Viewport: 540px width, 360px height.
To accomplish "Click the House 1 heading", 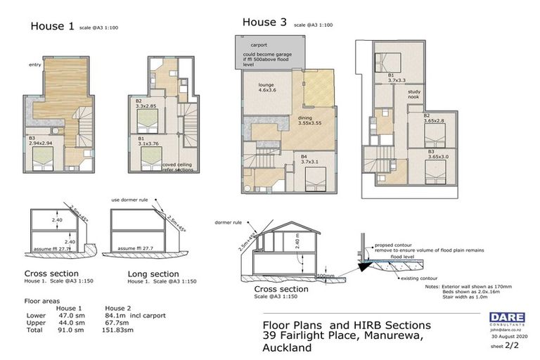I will click(52, 27).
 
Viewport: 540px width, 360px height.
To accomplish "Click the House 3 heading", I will click(264, 22).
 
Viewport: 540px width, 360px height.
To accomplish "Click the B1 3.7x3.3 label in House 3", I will click(395, 78).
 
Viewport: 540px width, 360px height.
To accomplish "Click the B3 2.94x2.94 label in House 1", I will click(41, 141).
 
